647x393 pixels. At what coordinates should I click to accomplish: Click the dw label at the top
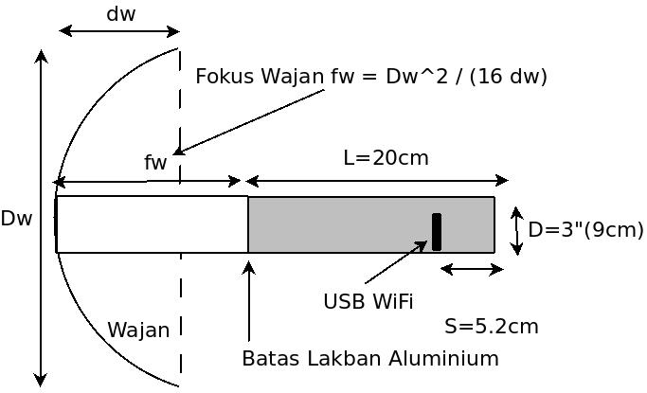pos(120,14)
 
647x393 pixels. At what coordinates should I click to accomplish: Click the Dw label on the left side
pos(16,219)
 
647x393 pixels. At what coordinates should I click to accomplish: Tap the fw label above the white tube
pos(155,163)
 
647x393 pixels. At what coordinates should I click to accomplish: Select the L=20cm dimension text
pos(386,157)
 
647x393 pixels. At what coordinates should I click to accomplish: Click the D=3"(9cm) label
pos(585,229)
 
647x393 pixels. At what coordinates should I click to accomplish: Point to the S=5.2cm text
pos(491,327)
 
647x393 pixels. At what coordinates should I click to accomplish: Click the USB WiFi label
pos(368,301)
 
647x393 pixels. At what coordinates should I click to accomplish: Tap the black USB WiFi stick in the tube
pos(436,232)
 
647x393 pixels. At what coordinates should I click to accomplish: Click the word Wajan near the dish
pos(138,330)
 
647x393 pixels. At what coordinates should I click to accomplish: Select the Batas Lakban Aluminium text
pos(369,358)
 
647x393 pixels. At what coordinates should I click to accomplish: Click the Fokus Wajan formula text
pos(370,76)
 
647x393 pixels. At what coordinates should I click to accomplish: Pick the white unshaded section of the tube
pos(152,224)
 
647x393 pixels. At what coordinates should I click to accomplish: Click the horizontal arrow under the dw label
pos(119,31)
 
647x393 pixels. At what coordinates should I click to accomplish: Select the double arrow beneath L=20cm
pos(377,181)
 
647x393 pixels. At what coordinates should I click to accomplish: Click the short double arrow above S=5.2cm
pos(472,270)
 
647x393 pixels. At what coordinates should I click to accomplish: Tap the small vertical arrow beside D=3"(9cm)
pos(516,231)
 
